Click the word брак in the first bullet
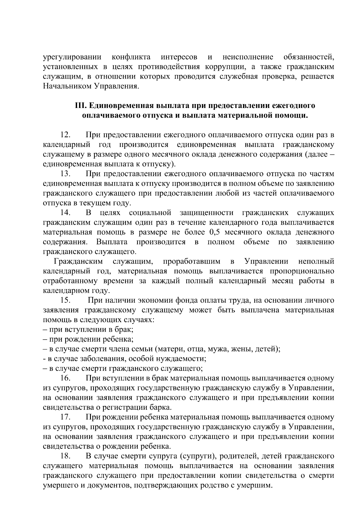click(124, 330)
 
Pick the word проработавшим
click(191, 262)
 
